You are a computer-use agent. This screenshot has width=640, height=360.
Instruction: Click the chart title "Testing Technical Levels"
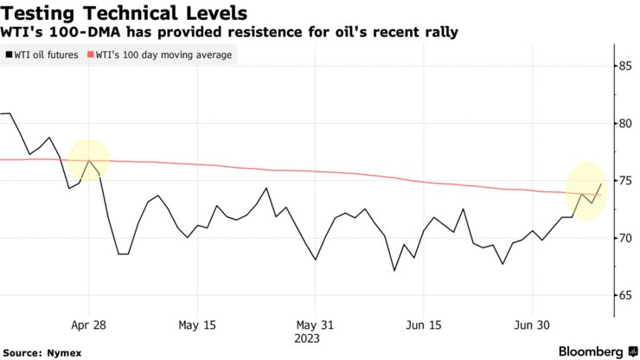tap(126, 13)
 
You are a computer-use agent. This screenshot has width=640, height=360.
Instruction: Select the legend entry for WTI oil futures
tap(46, 55)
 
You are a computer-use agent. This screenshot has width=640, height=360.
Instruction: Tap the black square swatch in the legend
tap(9, 55)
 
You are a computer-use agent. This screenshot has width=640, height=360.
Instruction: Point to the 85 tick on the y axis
tap(621, 66)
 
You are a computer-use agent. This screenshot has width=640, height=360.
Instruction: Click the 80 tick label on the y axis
tap(621, 123)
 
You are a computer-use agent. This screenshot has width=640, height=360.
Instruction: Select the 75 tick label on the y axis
tap(621, 181)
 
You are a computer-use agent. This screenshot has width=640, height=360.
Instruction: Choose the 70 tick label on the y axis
tap(621, 238)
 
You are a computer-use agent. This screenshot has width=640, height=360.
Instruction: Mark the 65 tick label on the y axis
tap(621, 296)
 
